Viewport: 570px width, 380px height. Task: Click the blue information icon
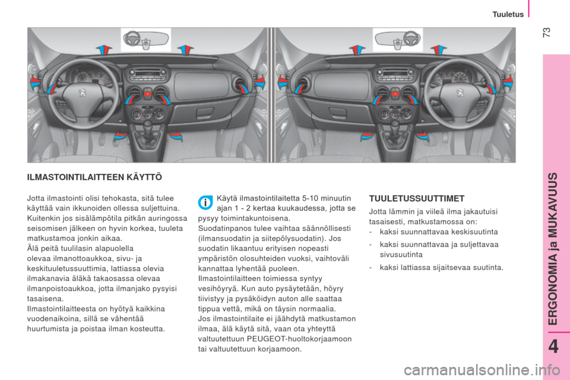point(205,202)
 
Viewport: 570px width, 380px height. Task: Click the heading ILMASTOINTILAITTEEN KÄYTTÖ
point(94,178)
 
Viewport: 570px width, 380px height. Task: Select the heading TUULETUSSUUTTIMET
point(417,198)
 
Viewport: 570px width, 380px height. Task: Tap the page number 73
point(546,33)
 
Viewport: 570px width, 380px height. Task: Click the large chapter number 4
point(553,347)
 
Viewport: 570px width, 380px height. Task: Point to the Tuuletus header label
point(508,14)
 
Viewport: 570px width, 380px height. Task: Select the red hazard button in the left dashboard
point(148,94)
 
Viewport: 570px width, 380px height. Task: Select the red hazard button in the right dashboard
point(395,94)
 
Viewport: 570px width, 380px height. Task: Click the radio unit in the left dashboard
point(147,75)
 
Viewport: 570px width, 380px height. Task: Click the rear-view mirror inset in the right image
point(398,39)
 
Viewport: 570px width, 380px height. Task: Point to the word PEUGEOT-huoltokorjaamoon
point(299,339)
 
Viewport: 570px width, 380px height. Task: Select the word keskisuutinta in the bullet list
point(474,232)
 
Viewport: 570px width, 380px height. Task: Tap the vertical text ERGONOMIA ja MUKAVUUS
point(553,249)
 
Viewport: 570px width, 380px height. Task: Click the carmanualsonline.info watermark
point(482,370)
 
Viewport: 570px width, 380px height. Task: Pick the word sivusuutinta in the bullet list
point(401,255)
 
